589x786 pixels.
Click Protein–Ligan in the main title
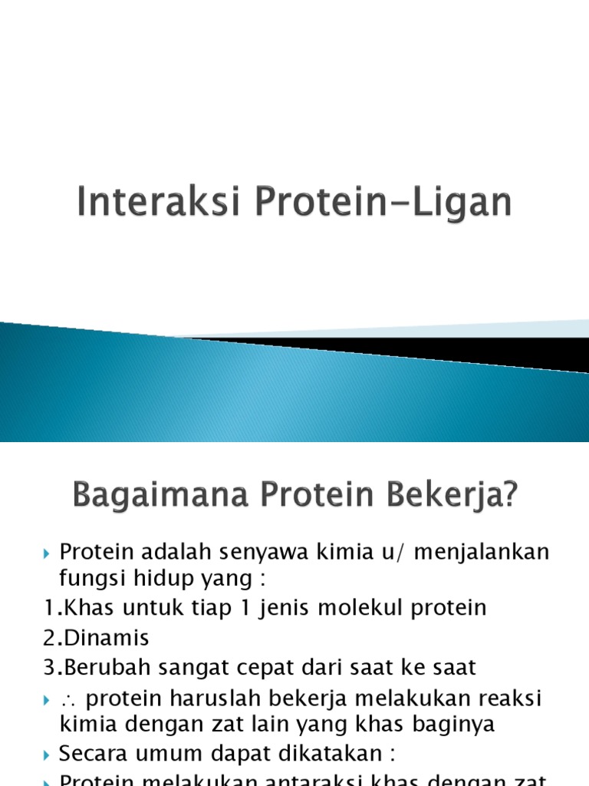tap(371, 204)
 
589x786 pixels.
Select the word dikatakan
tap(318, 754)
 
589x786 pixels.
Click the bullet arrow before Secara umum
tap(48, 755)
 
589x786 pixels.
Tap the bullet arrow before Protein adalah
tap(48, 553)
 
